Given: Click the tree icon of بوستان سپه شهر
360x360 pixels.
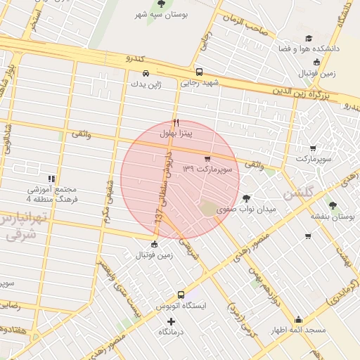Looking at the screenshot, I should [162, 4].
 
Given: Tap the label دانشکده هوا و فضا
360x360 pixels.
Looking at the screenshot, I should [311, 49].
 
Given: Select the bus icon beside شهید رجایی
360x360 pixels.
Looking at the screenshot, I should [199, 72].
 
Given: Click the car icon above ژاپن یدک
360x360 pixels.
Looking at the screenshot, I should [145, 73].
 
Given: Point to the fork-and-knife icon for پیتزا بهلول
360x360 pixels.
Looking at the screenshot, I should [176, 122].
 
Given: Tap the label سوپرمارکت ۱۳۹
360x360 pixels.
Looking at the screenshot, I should [207, 169].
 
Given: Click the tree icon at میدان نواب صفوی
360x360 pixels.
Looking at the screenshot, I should [246, 198].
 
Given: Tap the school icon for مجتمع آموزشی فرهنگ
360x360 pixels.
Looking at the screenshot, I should [51, 179].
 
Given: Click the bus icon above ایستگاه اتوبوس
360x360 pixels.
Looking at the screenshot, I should [181, 295].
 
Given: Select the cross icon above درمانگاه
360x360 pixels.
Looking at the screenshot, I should [171, 321].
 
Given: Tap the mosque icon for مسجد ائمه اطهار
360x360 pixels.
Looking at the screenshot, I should [298, 319].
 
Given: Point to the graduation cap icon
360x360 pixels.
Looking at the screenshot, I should [308, 39].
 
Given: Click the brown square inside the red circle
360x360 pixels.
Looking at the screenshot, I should [207, 209].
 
